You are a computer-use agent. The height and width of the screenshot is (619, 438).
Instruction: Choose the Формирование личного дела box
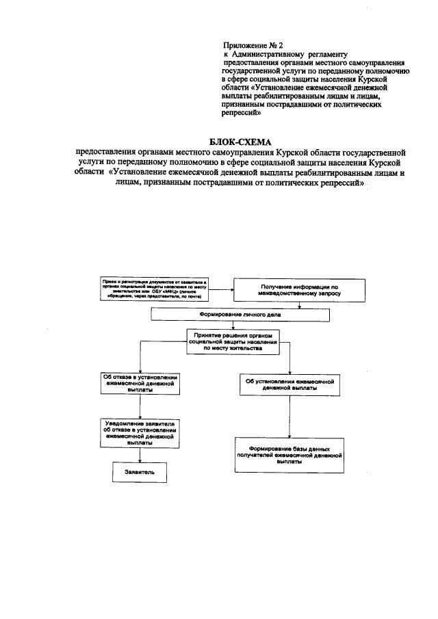coord(240,315)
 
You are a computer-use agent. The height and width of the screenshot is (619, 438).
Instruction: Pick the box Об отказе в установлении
coord(140,384)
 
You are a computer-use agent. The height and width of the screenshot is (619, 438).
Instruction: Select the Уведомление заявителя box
coord(140,434)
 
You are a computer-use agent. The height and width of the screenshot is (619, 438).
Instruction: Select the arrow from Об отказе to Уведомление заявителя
coord(140,407)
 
